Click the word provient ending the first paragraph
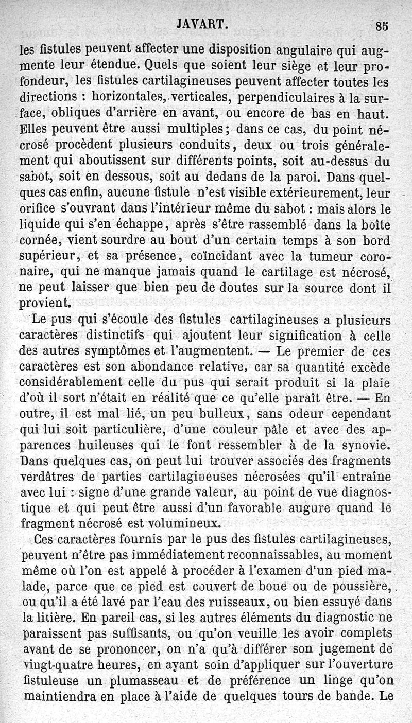(44, 304)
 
